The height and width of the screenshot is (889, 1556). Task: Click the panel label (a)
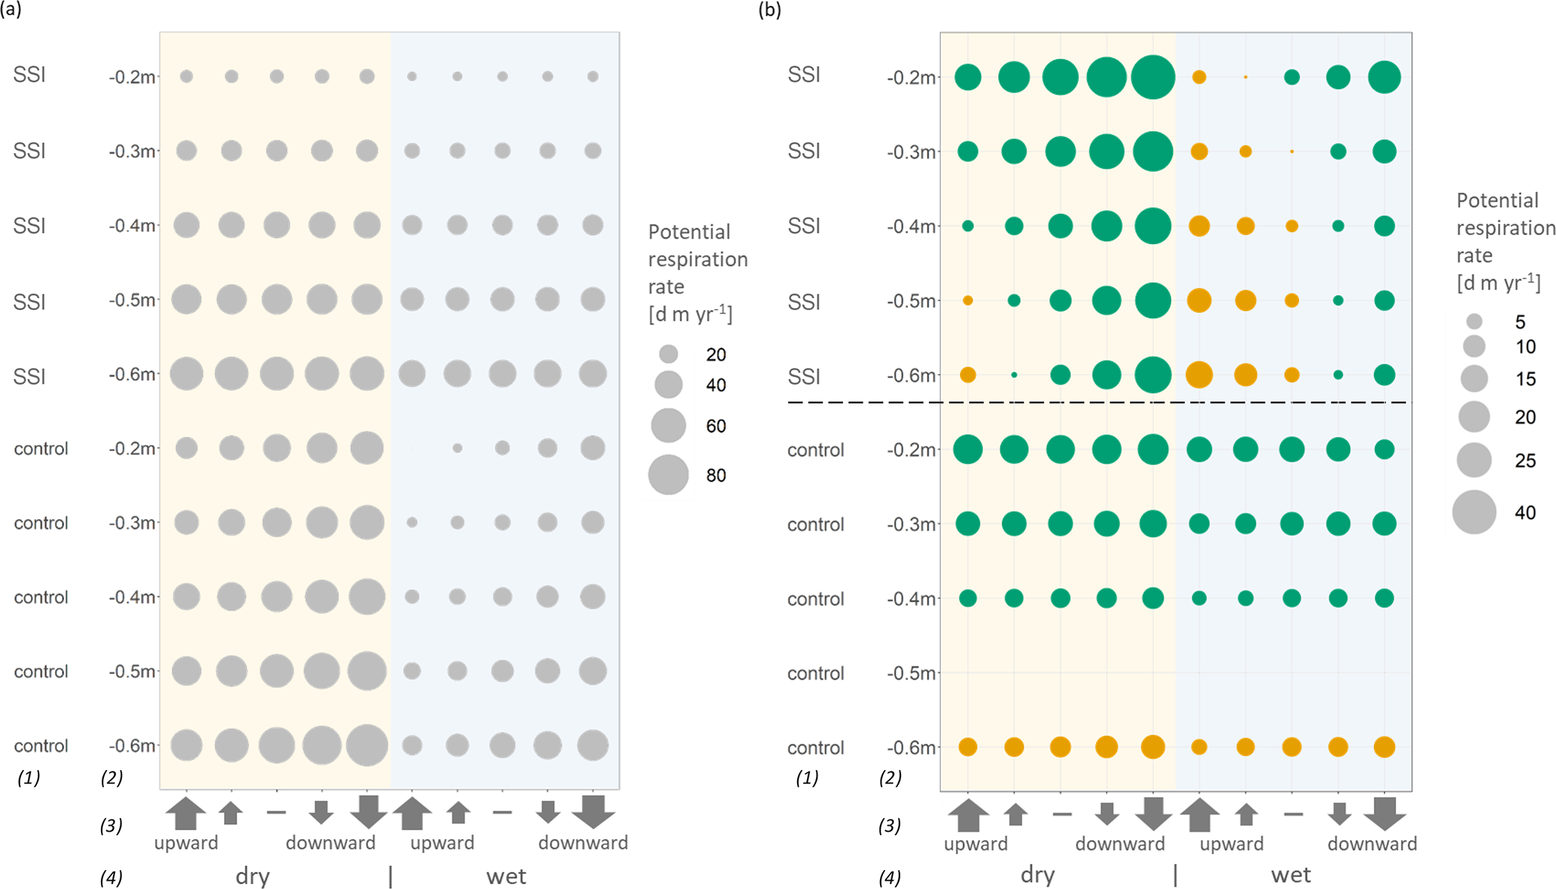11,10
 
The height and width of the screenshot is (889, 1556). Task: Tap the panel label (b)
770,10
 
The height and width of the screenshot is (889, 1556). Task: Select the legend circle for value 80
668,475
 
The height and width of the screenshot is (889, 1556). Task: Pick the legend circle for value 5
1474,322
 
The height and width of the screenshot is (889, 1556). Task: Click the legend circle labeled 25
1474,460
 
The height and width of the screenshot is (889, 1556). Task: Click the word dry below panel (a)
252,876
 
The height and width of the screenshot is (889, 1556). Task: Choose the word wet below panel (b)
1291,875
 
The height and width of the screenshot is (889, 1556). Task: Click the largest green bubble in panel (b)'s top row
1153,77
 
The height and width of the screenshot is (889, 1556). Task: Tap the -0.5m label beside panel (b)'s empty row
911,673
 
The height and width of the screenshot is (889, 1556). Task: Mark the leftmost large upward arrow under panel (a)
186,814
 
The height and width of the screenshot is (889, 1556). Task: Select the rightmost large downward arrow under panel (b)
1385,814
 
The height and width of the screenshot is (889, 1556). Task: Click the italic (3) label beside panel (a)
111,826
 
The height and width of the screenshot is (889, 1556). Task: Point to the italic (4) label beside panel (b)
890,877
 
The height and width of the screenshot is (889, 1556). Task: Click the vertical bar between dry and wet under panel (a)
390,876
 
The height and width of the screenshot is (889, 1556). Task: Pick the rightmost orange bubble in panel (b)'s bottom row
1384,747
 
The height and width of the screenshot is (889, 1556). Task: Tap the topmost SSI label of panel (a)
29,75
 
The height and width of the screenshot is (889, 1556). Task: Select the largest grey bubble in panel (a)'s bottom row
367,745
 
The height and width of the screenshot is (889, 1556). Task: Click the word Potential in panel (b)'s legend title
1497,200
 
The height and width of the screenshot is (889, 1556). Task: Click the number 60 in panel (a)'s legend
716,426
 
